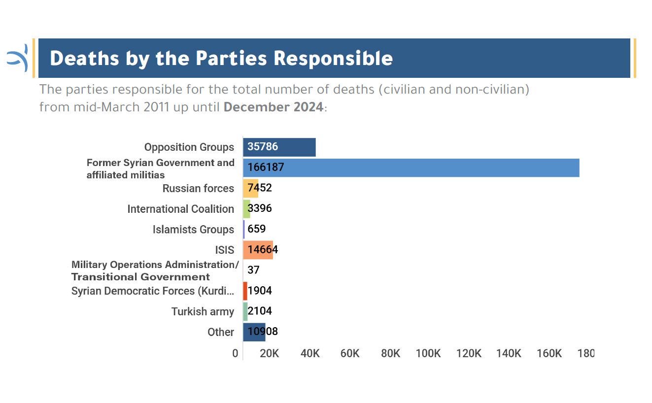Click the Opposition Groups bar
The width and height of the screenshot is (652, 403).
point(279,147)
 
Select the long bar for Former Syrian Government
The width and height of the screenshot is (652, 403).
point(411,168)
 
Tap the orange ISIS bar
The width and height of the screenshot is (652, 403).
point(258,250)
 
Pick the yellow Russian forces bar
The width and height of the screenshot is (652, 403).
point(251,188)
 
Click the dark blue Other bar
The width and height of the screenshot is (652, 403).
point(254,332)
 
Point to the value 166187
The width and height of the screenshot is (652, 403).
point(266,168)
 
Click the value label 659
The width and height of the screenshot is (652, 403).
point(256,229)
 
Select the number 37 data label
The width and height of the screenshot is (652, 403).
point(253,270)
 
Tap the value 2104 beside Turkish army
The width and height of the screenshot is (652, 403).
point(260,311)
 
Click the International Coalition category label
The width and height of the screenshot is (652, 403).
point(180,209)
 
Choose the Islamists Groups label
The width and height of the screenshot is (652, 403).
point(193,230)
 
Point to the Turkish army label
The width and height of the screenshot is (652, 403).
point(203,312)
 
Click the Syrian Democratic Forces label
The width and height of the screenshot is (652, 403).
point(152,291)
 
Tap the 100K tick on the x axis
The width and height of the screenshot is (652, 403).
point(428,354)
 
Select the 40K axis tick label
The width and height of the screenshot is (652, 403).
point(310,354)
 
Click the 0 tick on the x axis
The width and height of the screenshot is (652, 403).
point(235,354)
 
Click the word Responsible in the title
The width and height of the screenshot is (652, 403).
point(333,59)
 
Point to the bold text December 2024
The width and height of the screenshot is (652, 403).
point(274,107)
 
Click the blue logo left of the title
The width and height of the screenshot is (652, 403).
point(17,58)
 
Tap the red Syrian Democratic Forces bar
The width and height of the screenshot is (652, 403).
point(245,291)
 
